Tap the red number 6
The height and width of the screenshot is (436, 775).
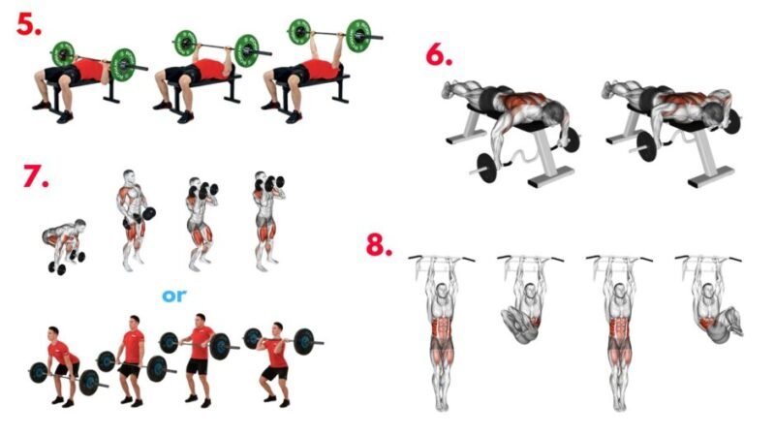(x=439, y=55)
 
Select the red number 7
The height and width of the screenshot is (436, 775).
(x=36, y=175)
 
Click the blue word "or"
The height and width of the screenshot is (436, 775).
(x=174, y=296)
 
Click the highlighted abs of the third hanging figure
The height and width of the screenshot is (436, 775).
(x=619, y=327)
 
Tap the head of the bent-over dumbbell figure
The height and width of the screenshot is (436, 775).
(x=78, y=226)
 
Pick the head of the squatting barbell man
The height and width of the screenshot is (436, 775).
(x=278, y=328)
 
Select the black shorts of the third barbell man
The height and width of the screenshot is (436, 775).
(x=198, y=366)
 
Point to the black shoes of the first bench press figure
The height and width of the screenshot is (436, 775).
(x=53, y=111)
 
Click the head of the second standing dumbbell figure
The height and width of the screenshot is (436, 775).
(x=195, y=184)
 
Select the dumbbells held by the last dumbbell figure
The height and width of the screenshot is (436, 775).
(x=270, y=184)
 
